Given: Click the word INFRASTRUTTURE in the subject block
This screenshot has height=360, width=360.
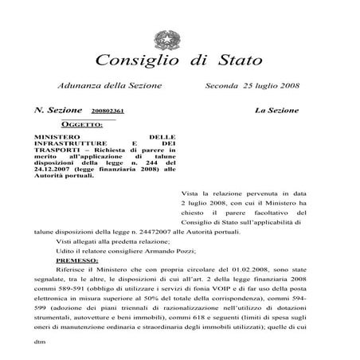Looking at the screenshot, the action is coord(69,143).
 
